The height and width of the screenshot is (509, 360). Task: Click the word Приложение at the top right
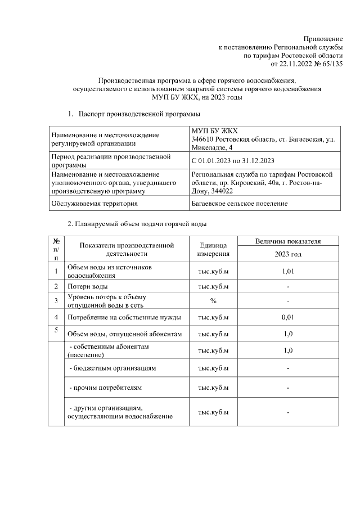coord(323,38)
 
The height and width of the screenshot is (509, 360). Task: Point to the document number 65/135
coord(332,64)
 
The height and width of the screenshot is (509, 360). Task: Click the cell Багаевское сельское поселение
coord(240,203)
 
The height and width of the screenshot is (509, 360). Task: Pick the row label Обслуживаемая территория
coord(94,203)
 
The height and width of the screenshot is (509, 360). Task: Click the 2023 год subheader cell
coord(287,255)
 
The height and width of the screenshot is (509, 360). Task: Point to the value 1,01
coord(287,271)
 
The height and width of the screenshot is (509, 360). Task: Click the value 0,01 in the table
coord(287,317)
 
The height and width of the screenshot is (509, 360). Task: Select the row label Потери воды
coord(84,286)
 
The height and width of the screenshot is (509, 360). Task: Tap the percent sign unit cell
coord(213,301)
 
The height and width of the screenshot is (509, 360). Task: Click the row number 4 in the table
coord(56,317)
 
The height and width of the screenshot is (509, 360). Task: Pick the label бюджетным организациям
coord(112,368)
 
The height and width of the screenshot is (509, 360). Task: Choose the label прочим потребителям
coord(105,388)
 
